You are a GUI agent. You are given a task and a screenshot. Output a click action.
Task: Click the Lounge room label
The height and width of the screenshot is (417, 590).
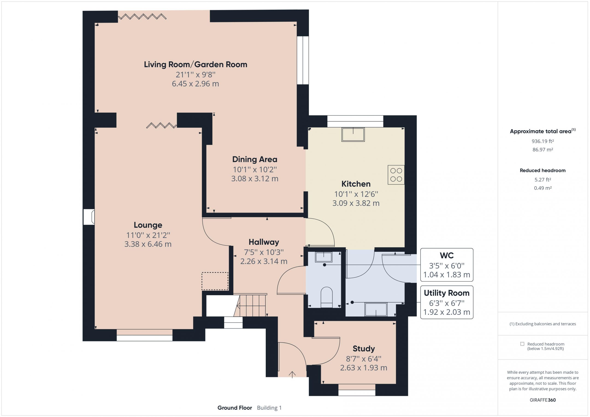pos(148,225)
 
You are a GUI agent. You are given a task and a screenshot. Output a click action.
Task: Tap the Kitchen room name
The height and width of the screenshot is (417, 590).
pos(356,184)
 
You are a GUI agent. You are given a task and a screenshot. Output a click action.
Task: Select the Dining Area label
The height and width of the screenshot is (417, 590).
pos(255,160)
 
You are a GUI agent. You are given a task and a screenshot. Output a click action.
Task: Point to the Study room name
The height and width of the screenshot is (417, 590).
pos(364,349)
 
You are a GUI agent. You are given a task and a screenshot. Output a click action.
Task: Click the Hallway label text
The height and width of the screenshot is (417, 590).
pos(264,242)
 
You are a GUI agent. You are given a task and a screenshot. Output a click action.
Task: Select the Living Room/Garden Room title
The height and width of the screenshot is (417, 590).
pos(196,64)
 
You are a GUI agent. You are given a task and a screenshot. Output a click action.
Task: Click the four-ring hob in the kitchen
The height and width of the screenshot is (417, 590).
pos(396,175)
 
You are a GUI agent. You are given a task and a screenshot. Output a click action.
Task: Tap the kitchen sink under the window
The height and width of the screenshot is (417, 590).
pos(353,134)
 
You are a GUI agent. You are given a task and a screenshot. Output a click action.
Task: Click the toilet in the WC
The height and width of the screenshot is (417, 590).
pos(327,297)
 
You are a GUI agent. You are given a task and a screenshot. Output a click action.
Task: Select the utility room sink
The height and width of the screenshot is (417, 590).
pos(376,309)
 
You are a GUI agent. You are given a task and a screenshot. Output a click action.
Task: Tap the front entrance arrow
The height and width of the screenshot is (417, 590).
pos(292,375)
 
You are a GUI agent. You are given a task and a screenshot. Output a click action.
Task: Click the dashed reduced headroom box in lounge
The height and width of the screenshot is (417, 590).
pos(215,281)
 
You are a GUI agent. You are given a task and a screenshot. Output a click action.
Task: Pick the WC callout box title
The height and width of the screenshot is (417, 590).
pos(447,256)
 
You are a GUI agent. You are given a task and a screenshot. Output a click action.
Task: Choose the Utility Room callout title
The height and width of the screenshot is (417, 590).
pos(447,293)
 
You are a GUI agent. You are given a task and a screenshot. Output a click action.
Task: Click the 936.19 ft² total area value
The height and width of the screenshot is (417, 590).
pos(543,141)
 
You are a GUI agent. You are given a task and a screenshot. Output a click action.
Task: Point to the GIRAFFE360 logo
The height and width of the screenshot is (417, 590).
pos(543,400)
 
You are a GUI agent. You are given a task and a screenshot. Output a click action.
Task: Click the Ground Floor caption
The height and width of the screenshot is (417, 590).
pos(235,408)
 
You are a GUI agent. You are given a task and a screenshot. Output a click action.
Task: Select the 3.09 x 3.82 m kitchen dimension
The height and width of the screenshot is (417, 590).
pos(356,203)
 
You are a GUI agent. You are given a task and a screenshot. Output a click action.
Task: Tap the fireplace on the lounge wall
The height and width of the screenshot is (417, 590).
pos(89,217)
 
